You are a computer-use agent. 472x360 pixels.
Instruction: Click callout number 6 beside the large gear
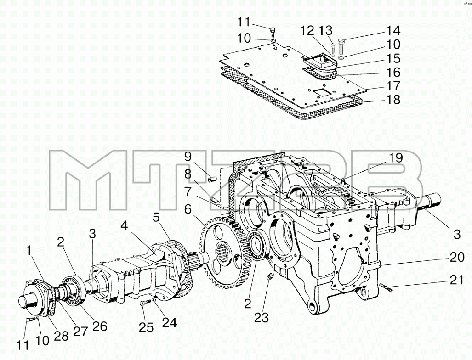pos(188,209)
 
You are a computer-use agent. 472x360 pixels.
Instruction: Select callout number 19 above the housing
pos(395,158)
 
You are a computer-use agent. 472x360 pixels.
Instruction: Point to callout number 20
pos(457,258)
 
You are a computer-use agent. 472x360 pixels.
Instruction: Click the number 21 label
pos(457,280)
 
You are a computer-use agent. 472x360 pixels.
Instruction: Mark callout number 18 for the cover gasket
pos(393,100)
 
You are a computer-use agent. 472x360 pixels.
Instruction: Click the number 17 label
pos(393,86)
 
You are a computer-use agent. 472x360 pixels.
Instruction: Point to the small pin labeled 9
pos(213,179)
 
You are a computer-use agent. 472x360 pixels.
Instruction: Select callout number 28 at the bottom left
pos(61,336)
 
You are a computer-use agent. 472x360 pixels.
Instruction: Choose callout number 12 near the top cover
pos(307,30)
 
